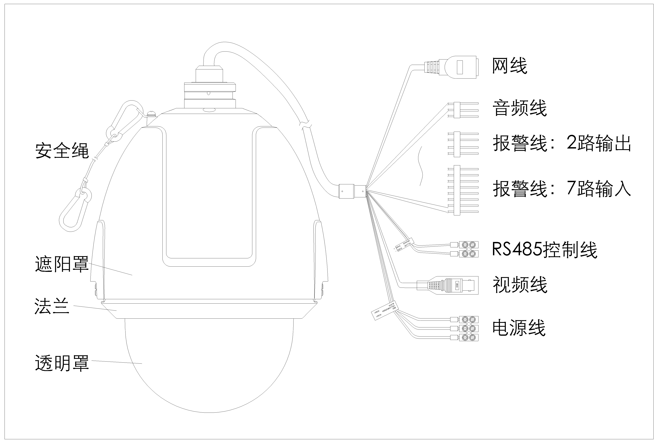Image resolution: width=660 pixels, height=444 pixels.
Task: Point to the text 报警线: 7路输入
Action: [x=562, y=189]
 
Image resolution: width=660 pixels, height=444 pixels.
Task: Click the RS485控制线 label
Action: [x=544, y=250]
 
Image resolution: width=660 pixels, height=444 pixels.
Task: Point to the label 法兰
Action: [x=52, y=306]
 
